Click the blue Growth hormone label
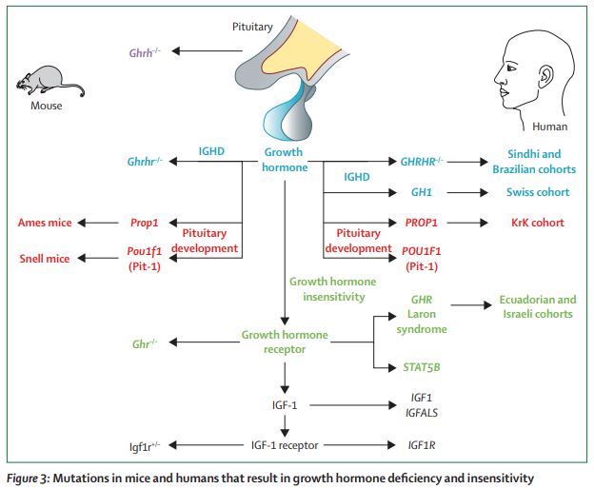click(285, 160)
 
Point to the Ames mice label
click(45, 223)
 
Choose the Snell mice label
click(45, 258)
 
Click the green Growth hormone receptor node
click(285, 342)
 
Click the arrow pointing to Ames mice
click(95, 223)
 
